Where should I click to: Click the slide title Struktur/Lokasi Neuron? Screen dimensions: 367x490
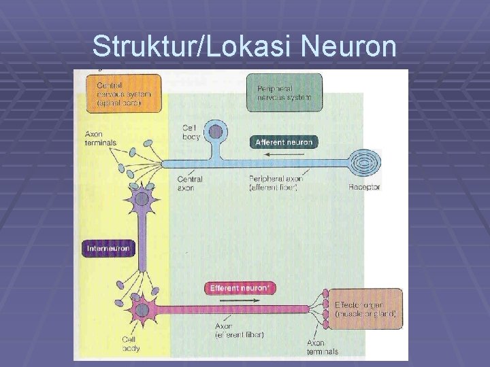(x=244, y=46)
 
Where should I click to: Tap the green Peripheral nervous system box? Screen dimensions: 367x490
(x=284, y=93)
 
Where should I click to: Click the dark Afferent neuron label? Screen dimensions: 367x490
(x=283, y=142)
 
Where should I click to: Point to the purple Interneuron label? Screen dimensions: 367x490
(x=108, y=248)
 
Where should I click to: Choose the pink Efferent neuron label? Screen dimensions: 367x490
(x=240, y=288)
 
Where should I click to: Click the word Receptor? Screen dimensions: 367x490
(x=364, y=187)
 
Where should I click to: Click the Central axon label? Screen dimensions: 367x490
(x=190, y=183)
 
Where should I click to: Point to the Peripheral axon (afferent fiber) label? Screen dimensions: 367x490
(x=277, y=183)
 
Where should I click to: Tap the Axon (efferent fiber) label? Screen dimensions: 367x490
(x=239, y=330)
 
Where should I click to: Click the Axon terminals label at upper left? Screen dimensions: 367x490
(x=101, y=138)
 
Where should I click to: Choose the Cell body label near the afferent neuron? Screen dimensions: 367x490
(x=191, y=131)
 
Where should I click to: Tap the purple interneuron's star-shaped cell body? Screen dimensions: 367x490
(x=141, y=199)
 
